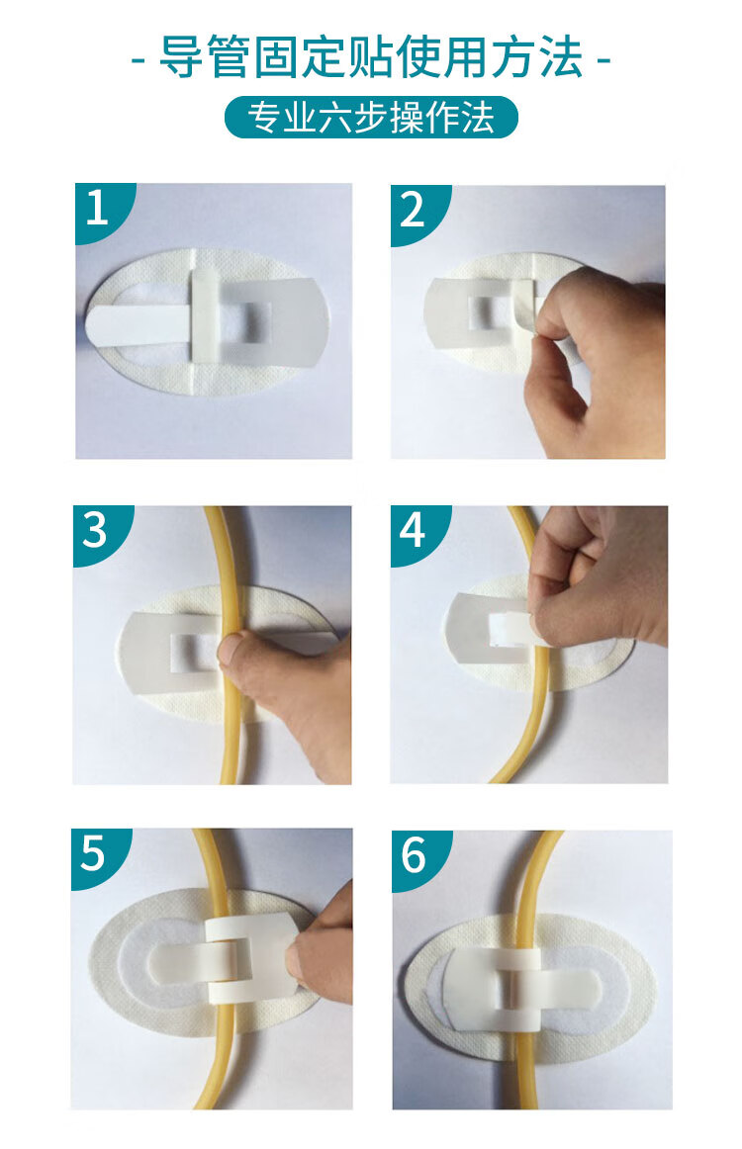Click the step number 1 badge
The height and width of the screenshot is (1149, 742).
click(x=99, y=208)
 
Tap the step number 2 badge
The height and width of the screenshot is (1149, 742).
click(x=414, y=210)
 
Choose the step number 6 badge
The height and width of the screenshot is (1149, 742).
click(x=415, y=855)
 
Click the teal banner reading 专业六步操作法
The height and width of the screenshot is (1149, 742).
click(x=371, y=118)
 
